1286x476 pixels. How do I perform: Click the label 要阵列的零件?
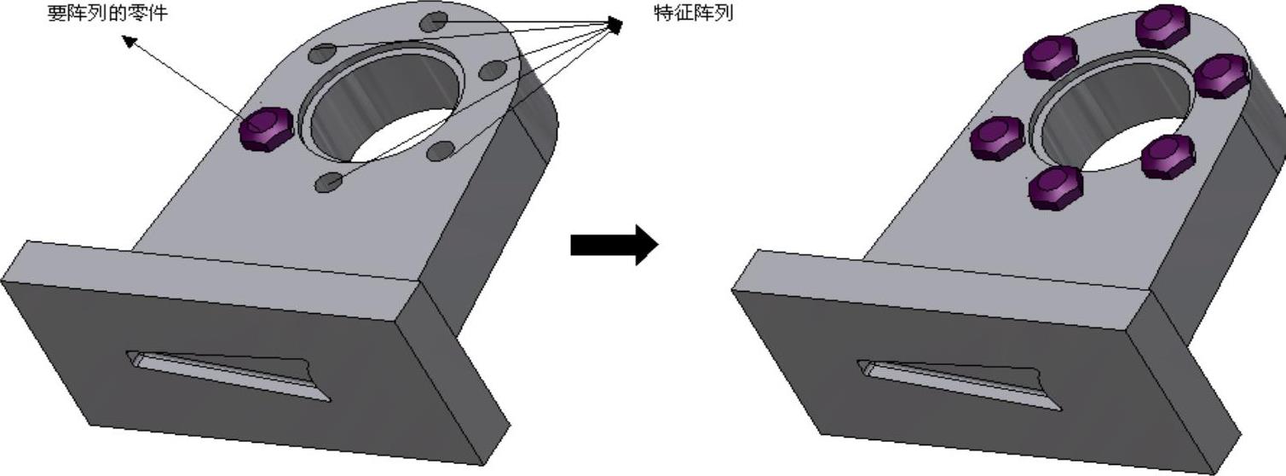107,14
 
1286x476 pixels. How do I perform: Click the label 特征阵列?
693,14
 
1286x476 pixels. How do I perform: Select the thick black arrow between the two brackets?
614,245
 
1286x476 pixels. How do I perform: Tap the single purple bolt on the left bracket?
266,130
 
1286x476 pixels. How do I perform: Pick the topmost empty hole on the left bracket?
434,20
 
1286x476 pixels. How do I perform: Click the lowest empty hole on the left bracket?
328,182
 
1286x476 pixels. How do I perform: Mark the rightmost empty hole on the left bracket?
493,71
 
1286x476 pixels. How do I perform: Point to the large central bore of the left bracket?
383,107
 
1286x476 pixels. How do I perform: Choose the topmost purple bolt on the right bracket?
1162,26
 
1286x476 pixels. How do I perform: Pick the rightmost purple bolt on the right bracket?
1222,75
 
